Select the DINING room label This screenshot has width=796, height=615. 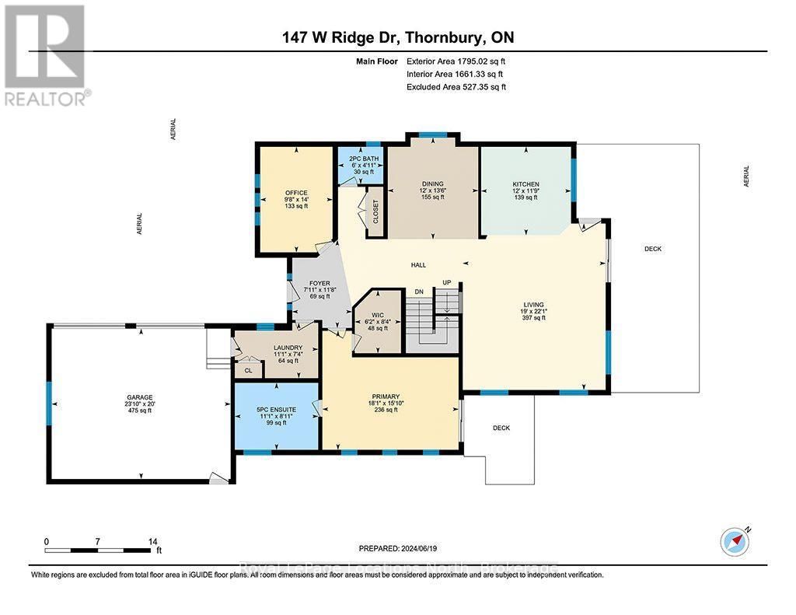[432, 184]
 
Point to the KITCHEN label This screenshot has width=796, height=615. [525, 184]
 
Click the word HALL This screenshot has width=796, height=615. [418, 265]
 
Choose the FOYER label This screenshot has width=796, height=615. [319, 284]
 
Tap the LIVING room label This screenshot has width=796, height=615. [533, 305]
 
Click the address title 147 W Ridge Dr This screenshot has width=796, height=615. [397, 37]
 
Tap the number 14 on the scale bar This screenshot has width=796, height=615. [153, 541]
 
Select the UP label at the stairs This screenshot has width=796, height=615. [446, 282]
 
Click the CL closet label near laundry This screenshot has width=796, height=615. [249, 371]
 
